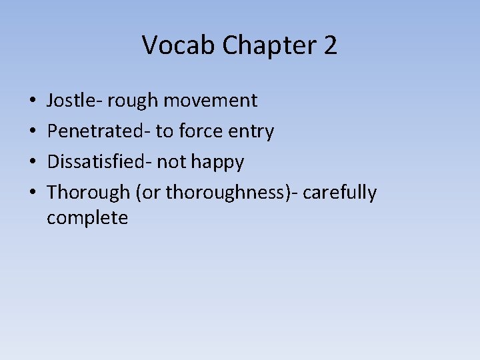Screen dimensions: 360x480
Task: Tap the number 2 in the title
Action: [x=330, y=46]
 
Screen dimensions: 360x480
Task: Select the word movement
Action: [x=210, y=101]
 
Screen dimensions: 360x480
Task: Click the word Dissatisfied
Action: [x=99, y=162]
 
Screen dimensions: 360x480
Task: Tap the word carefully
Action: [x=340, y=193]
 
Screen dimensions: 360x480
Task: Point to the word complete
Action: [x=87, y=217]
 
